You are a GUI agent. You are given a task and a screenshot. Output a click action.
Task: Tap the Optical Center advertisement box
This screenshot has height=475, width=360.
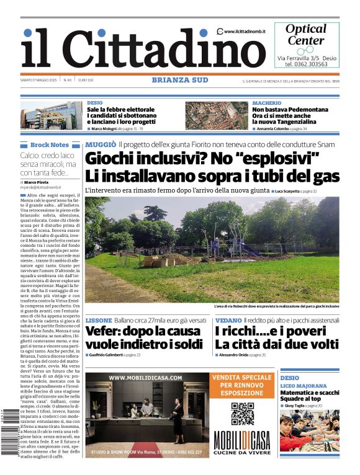[307, 45]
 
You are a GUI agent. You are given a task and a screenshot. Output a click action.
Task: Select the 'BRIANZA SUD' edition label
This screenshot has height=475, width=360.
[180, 80]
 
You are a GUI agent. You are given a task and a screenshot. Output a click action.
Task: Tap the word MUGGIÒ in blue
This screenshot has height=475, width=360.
[100, 144]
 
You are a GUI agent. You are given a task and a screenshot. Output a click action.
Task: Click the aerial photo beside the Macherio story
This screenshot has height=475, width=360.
[216, 115]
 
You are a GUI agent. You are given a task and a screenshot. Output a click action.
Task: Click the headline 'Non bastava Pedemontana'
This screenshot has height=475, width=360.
[290, 110]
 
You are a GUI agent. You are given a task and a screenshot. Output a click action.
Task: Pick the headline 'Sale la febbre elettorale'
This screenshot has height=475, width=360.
[120, 110]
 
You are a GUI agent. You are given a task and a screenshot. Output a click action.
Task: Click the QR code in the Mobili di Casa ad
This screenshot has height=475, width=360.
[243, 414]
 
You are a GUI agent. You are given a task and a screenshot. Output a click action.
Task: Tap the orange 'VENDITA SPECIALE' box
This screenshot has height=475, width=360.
[243, 384]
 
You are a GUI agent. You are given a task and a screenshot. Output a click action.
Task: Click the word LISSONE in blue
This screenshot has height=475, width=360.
[99, 320]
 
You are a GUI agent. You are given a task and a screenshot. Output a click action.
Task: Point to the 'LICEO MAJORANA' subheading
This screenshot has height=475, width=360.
[304, 386]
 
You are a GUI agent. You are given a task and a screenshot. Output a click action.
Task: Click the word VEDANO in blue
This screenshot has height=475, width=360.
[228, 320]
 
